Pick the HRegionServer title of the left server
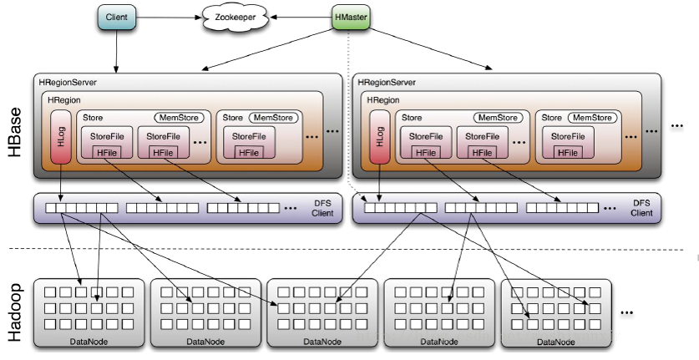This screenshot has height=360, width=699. tap(68, 83)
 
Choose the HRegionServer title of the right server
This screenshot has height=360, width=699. tap(387, 83)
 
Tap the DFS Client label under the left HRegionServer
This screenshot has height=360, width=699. tap(321, 208)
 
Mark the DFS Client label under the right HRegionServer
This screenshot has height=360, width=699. tap(641, 208)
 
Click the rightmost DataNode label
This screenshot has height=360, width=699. tap(556, 342)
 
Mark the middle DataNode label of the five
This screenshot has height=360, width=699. tap(321, 342)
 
